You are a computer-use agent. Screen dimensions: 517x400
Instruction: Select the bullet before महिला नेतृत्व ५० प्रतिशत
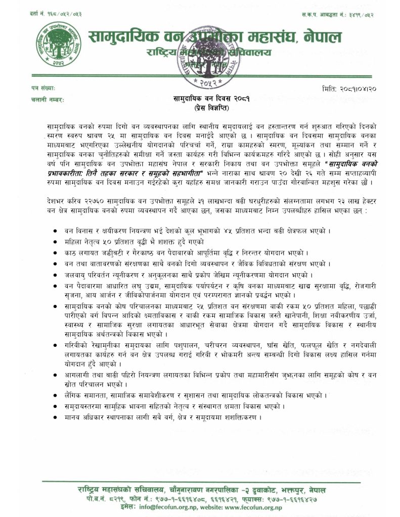(54, 242)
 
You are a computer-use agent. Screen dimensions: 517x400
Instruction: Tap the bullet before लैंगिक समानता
(54, 394)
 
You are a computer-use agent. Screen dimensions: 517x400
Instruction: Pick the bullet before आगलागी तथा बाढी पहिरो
(54, 376)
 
